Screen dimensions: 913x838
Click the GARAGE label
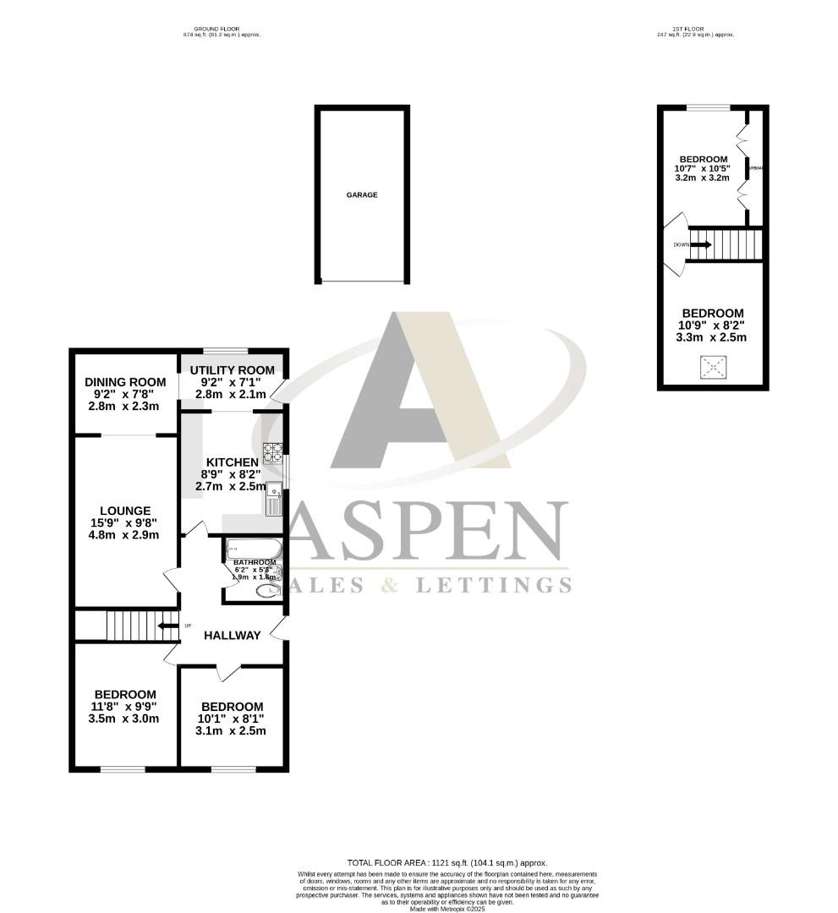[x=362, y=194]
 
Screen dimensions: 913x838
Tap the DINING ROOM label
[x=123, y=382]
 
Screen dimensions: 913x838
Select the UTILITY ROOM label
[x=232, y=370]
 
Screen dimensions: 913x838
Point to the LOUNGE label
[x=125, y=511]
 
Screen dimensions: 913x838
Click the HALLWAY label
[x=231, y=636]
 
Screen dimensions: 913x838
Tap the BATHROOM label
[x=255, y=562]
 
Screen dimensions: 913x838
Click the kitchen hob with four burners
[x=273, y=453]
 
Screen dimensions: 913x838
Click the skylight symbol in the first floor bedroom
[x=714, y=367]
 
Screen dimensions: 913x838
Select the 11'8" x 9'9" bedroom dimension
[x=124, y=707]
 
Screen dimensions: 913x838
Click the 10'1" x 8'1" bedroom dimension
[x=231, y=719]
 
